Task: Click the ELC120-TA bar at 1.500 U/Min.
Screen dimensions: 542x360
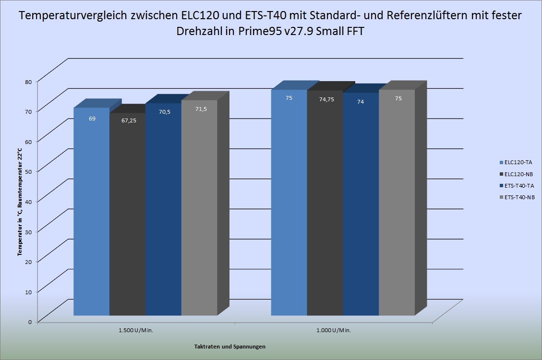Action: pyautogui.click(x=92, y=211)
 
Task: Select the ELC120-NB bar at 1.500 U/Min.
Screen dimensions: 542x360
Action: pyautogui.click(x=128, y=214)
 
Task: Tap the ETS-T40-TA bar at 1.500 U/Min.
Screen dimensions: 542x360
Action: pyautogui.click(x=164, y=209)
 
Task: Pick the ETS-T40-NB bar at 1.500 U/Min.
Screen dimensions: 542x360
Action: pyautogui.click(x=199, y=208)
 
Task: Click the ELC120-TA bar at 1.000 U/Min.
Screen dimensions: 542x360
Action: pyautogui.click(x=289, y=203)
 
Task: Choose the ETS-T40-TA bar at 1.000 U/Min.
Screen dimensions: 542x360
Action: pyautogui.click(x=361, y=204)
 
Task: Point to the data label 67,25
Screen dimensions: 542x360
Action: pyautogui.click(x=129, y=120)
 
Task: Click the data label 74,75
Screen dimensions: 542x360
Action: pyautogui.click(x=326, y=99)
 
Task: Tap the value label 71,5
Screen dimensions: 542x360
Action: pyautogui.click(x=201, y=109)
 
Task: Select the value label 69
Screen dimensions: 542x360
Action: pyautogui.click(x=92, y=119)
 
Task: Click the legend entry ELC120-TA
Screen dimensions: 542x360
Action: pyautogui.click(x=516, y=162)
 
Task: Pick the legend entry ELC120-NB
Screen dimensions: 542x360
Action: pyautogui.click(x=516, y=174)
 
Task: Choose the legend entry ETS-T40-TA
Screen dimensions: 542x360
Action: pyautogui.click(x=517, y=186)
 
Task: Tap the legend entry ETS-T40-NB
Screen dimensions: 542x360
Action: pyautogui.click(x=517, y=197)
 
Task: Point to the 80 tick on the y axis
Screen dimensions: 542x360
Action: pyautogui.click(x=28, y=82)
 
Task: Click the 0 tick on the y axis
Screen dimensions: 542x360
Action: pyautogui.click(x=30, y=322)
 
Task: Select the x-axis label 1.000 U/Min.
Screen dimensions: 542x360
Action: pyautogui.click(x=334, y=330)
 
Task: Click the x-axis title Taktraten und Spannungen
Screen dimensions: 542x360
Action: pyautogui.click(x=230, y=347)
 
